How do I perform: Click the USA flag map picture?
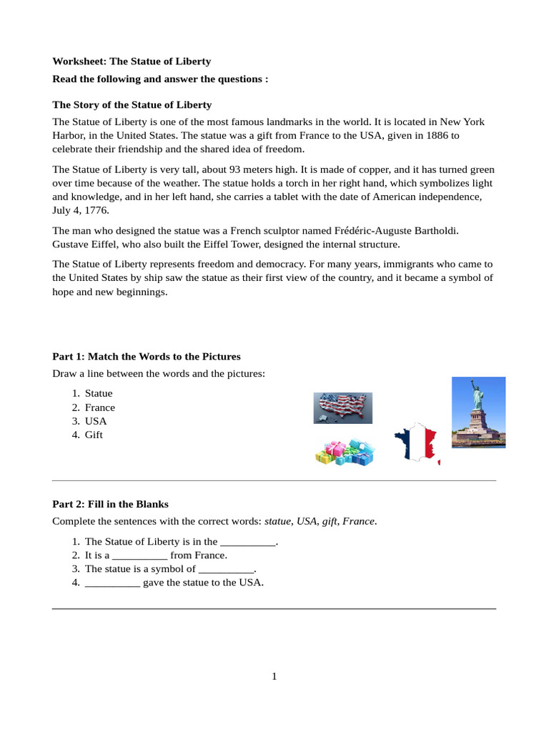[x=342, y=408]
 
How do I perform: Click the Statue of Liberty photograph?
[x=478, y=412]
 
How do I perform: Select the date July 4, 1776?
[x=82, y=210]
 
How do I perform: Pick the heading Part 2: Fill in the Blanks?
[x=111, y=504]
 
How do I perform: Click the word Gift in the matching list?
[x=94, y=435]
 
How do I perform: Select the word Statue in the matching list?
[x=99, y=393]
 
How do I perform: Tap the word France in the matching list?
[x=100, y=407]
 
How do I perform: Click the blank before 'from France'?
[x=140, y=555]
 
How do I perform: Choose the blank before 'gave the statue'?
[x=112, y=583]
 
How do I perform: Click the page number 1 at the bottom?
[x=274, y=677]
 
